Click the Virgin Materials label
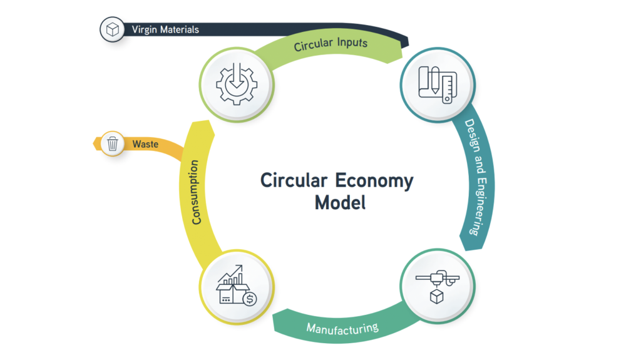(x=165, y=29)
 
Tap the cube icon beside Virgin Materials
(x=112, y=29)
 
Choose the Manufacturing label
(x=342, y=327)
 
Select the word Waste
(x=145, y=144)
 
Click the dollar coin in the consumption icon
(x=250, y=299)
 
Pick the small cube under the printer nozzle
(x=436, y=296)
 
